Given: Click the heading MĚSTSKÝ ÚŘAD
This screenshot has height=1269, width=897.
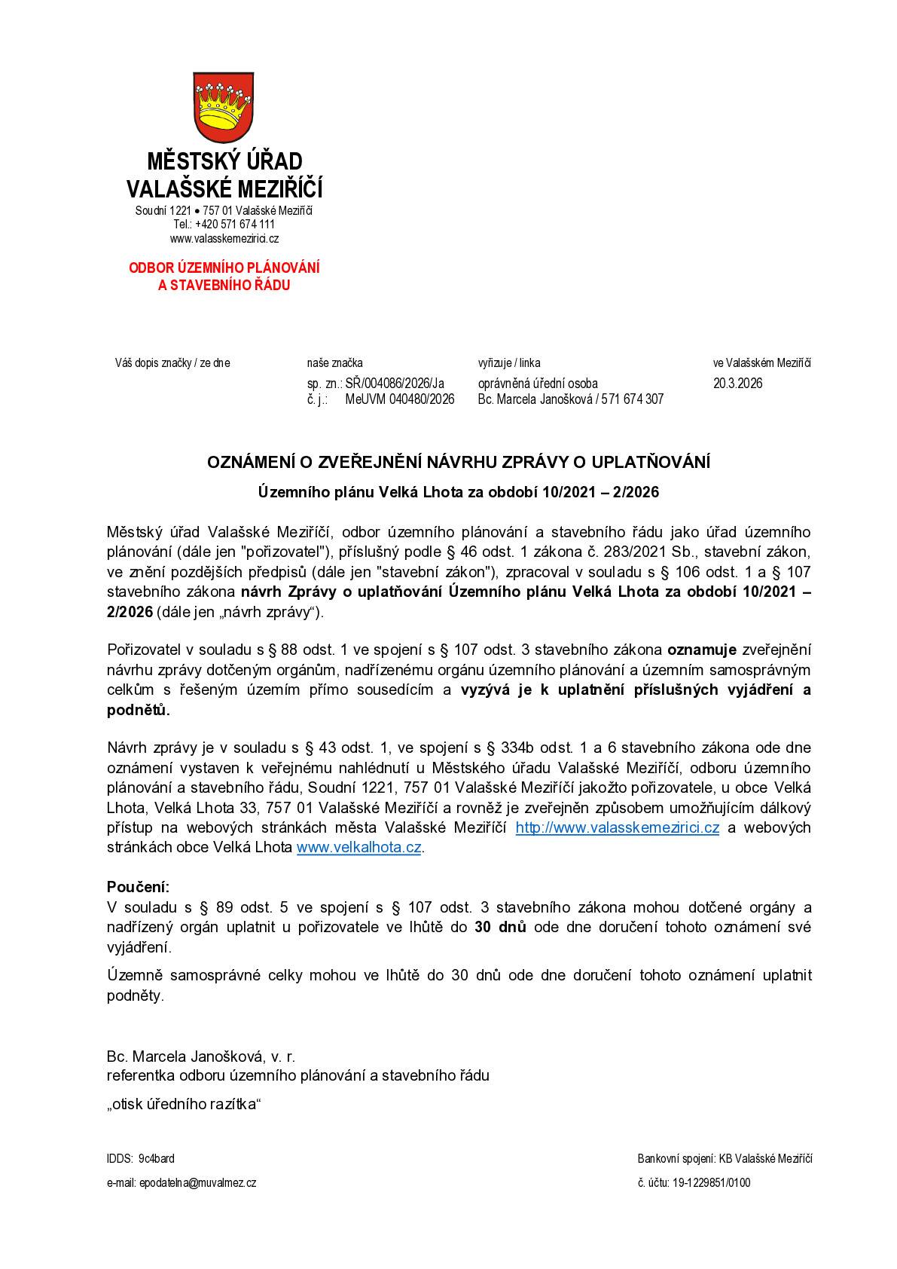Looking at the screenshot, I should [224, 161].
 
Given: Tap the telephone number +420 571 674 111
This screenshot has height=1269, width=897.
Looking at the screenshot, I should [234, 224].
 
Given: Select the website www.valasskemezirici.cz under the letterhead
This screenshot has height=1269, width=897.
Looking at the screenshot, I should [224, 239].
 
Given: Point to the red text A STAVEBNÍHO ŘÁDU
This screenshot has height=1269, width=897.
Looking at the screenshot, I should [224, 286].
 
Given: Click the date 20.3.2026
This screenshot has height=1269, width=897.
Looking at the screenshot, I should [737, 383].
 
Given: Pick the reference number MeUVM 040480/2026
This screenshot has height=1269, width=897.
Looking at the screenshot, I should [399, 399].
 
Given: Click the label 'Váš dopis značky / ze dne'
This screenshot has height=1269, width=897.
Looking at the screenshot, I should [172, 363].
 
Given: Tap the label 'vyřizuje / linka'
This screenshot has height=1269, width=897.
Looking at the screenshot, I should [508, 363].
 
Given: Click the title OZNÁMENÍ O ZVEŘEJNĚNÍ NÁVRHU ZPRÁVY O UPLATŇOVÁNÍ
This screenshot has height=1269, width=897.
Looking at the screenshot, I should [459, 462].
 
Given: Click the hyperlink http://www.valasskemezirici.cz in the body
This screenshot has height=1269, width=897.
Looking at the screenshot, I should [617, 827].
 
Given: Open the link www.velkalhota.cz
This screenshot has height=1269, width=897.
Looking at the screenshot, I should [358, 847].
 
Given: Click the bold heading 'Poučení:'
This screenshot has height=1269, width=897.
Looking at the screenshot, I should [139, 886].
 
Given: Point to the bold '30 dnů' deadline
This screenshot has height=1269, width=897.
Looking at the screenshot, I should [500, 927].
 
